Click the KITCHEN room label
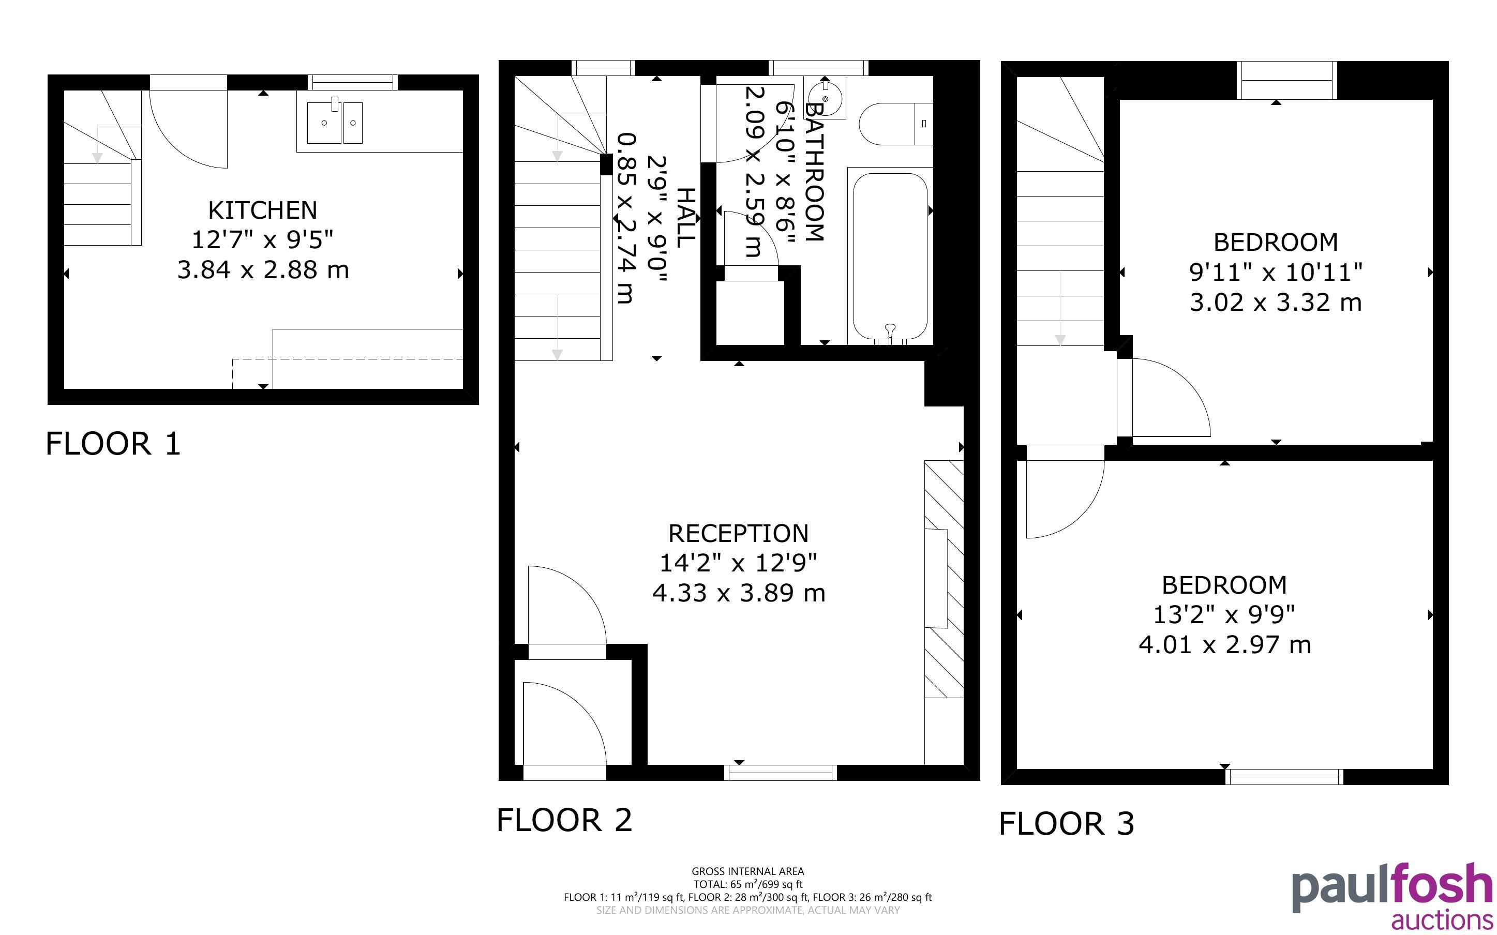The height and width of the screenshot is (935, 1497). (263, 211)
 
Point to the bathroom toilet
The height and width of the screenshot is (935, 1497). (895, 124)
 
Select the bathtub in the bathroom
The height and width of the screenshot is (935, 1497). (890, 255)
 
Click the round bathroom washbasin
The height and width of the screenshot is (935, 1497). (826, 98)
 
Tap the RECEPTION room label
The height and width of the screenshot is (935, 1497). (738, 534)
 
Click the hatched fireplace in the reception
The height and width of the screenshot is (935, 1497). (944, 579)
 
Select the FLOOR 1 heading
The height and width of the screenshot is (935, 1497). (113, 444)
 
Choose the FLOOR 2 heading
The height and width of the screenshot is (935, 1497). (564, 820)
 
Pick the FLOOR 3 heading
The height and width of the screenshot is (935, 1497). (1067, 824)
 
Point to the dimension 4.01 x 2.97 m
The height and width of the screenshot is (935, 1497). (1224, 645)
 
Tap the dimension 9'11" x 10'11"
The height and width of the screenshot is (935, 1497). (1276, 272)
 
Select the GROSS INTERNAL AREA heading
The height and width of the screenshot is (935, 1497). (747, 871)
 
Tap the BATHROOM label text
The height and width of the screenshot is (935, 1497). (814, 172)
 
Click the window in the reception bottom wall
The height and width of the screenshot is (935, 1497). (781, 773)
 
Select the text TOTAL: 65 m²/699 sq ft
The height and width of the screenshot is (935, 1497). (747, 884)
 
